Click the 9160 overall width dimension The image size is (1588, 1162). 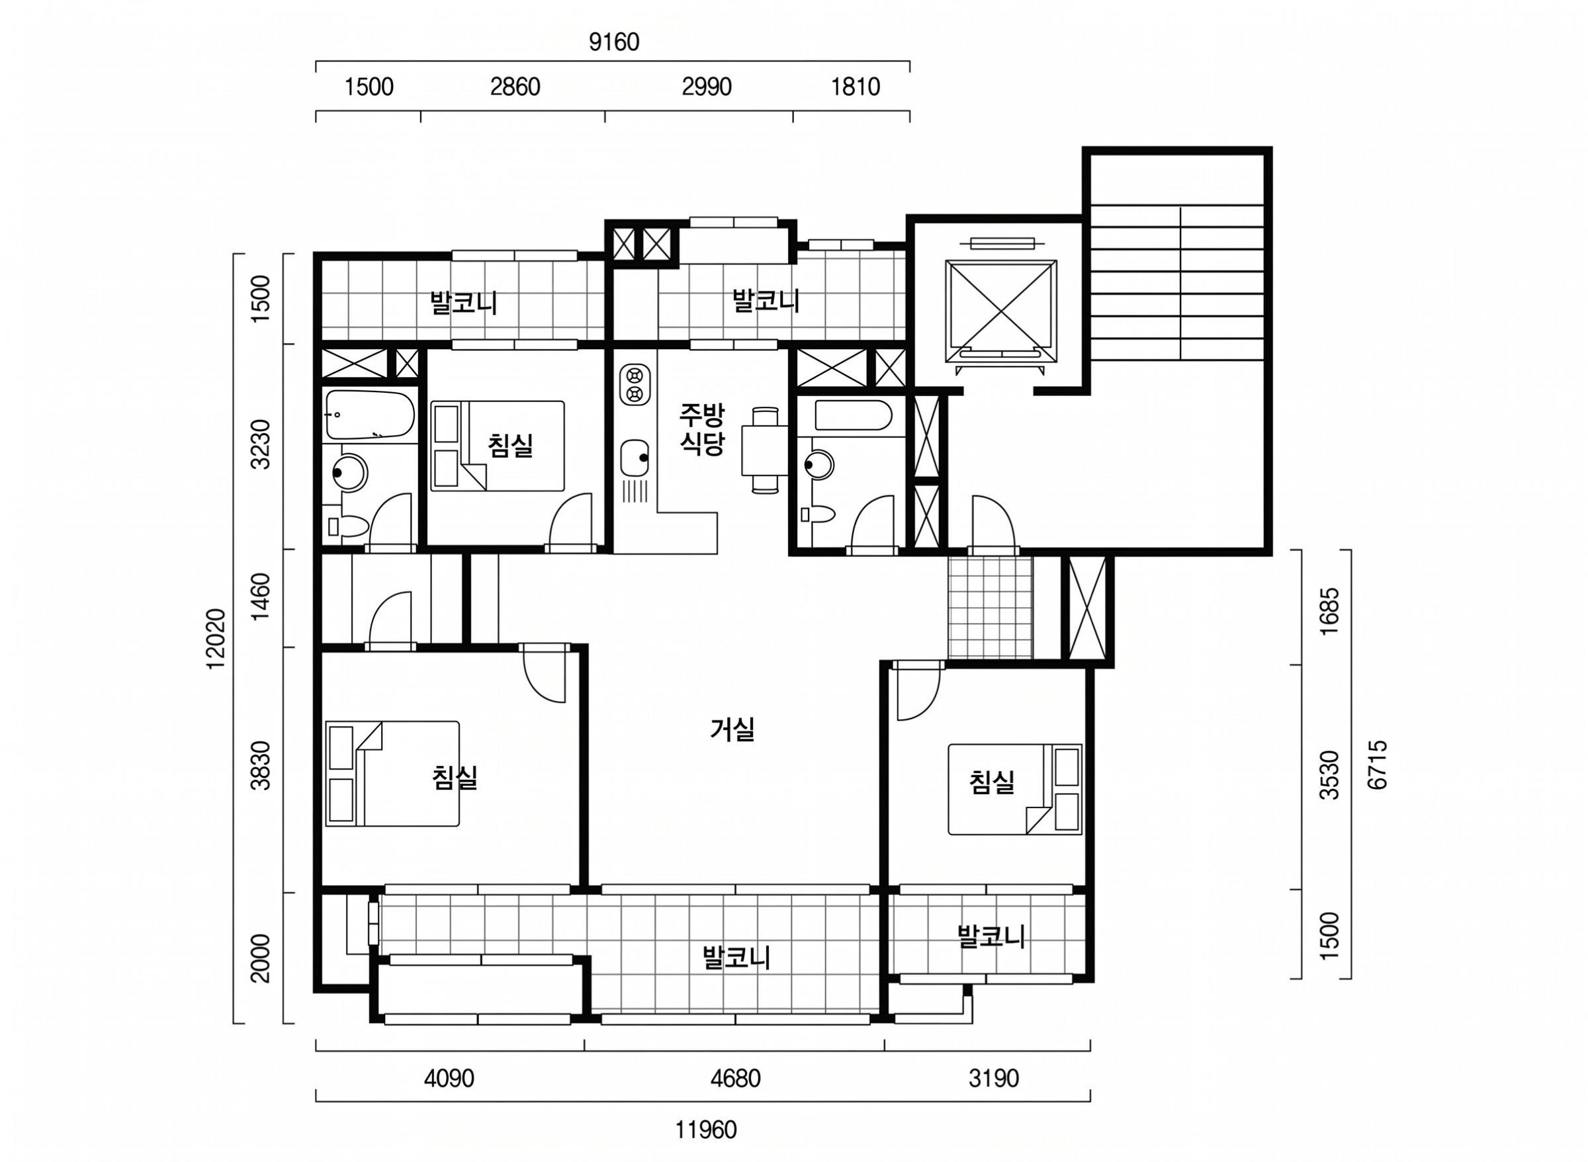coord(613,42)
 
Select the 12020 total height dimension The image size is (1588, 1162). coord(218,638)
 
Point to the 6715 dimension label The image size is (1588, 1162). coord(1378,764)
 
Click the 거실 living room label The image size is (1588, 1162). coord(732,729)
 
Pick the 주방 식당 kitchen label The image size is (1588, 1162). coord(701,429)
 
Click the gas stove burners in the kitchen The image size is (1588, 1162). coord(635,384)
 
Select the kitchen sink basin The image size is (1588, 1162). coord(635,458)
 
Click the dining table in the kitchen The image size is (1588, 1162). coord(765,450)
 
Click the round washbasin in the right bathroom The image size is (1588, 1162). coord(818,464)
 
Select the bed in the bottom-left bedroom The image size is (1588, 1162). coord(392,773)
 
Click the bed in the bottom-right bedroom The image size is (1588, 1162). coord(1014,789)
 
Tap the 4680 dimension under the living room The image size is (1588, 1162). coord(734,1078)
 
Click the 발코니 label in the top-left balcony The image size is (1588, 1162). coord(464,303)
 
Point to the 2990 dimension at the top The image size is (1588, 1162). coord(707,87)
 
